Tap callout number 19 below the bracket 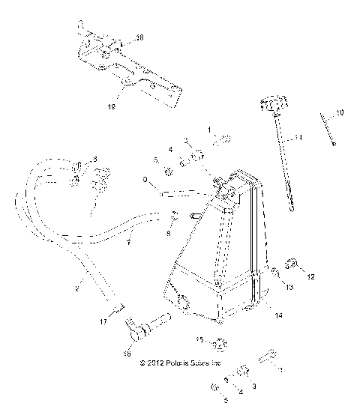(x=112, y=107)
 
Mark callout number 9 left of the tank (x=145, y=180)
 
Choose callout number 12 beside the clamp (x=311, y=277)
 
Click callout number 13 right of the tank (x=287, y=285)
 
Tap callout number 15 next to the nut (x=199, y=340)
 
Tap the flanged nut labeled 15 (x=218, y=345)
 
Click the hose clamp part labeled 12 (x=293, y=263)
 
